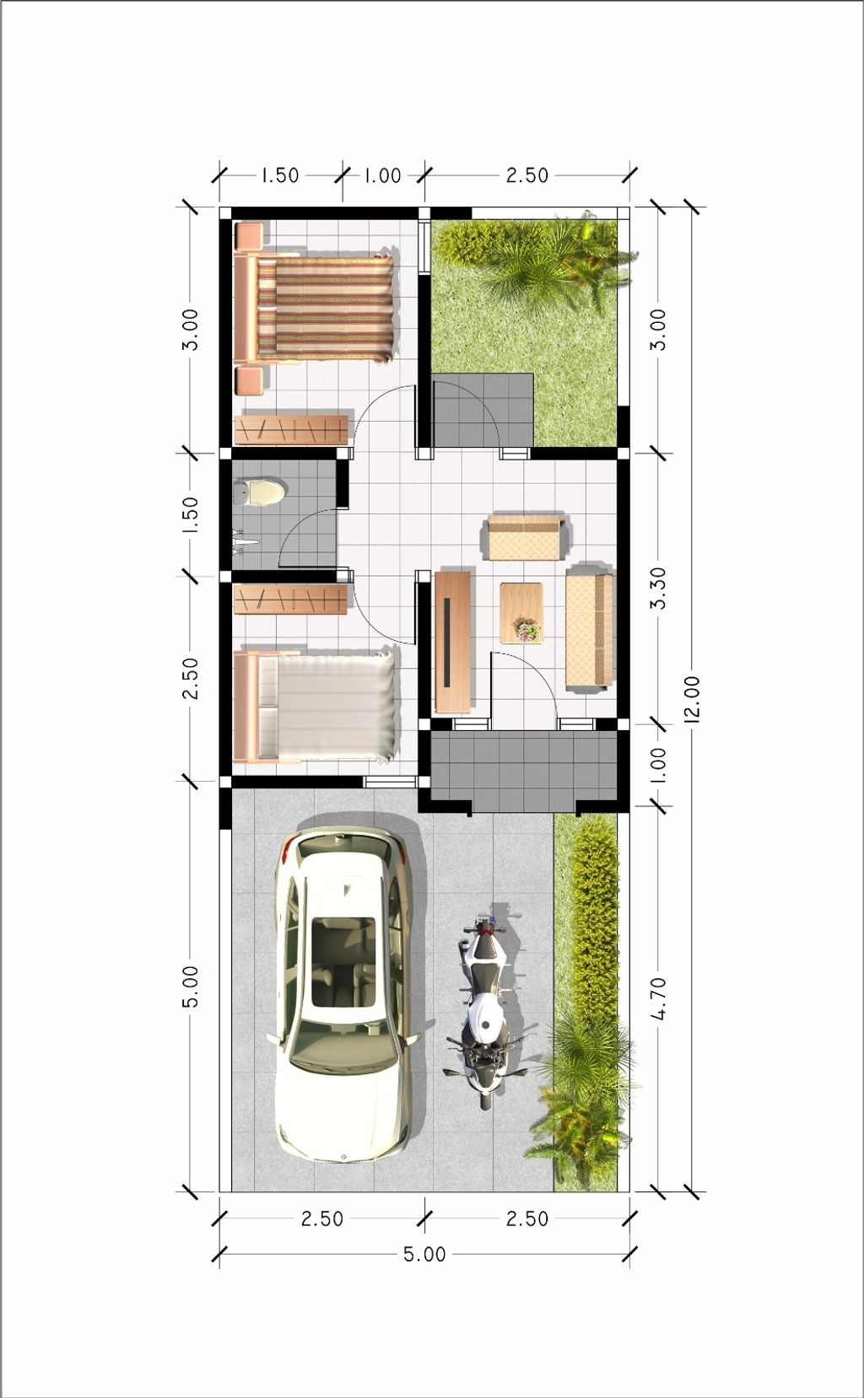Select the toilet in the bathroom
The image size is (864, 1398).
coord(259,492)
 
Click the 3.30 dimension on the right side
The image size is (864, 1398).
coord(658,588)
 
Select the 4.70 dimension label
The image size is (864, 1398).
coord(658,998)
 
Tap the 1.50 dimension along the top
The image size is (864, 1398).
coord(280,175)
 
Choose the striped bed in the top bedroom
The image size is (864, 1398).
coord(314,309)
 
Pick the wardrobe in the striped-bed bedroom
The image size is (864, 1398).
coord(290,429)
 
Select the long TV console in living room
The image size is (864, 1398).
coord(453,642)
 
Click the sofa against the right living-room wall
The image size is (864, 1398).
coord(589,630)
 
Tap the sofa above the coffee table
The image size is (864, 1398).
coord(524,537)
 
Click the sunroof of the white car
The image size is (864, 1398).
coord(344,962)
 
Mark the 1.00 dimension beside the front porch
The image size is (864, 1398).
coord(658,765)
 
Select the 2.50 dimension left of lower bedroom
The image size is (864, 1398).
coord(191,679)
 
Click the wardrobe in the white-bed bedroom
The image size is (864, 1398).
coord(290,600)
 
